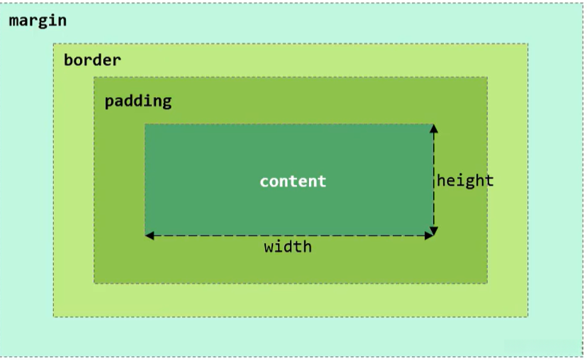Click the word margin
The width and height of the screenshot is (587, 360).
(38, 21)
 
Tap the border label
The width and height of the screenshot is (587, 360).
(92, 60)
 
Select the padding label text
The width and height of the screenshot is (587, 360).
(138, 101)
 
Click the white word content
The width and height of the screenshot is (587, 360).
(293, 181)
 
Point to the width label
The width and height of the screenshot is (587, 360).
(288, 247)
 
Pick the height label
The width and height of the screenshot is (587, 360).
(465, 181)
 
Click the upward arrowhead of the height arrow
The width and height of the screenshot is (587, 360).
(434, 128)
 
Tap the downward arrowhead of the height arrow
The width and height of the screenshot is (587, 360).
(434, 230)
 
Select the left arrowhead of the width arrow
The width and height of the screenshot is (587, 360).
(150, 235)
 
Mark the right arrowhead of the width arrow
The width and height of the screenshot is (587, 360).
(428, 235)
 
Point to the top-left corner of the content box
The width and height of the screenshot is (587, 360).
(145, 125)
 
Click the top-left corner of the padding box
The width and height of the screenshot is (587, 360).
(94, 77)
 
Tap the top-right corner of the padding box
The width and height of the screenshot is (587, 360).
(487, 77)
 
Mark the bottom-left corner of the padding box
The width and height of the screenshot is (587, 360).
(94, 283)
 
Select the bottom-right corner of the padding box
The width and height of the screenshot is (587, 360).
(487, 283)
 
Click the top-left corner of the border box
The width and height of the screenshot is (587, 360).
(54, 44)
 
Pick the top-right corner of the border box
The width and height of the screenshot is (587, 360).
(527, 44)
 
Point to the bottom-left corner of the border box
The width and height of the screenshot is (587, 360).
(54, 316)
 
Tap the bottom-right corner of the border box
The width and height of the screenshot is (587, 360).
(527, 316)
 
